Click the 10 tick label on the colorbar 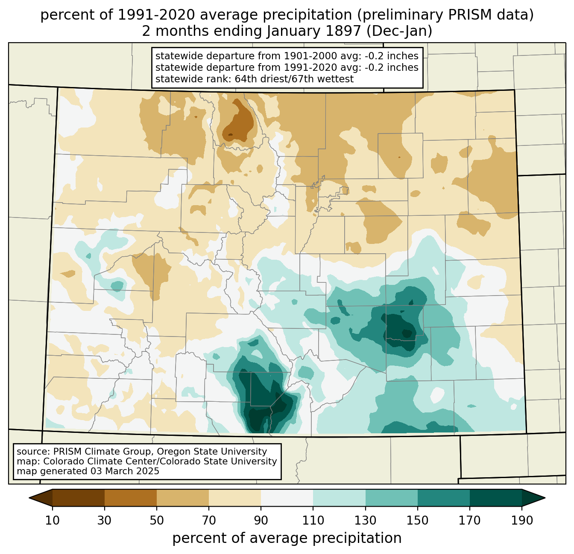[53, 521]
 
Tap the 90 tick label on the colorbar [261, 521]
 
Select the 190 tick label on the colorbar [522, 521]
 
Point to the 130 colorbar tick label [366, 521]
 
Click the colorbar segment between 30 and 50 [131, 498]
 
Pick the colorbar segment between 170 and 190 [496, 498]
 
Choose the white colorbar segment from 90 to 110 [287, 498]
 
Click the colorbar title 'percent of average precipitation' [287, 538]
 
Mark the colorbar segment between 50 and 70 [183, 498]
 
